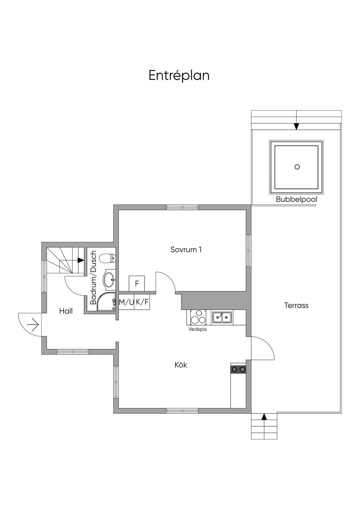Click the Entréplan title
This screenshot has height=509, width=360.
(179, 76)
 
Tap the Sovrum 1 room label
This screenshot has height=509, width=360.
(186, 250)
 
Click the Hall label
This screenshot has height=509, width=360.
(66, 311)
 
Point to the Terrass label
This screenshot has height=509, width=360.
(296, 305)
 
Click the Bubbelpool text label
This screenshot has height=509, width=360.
(296, 199)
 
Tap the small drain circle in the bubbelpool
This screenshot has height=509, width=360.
(297, 167)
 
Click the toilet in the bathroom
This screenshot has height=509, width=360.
(108, 258)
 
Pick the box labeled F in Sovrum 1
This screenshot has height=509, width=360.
(137, 283)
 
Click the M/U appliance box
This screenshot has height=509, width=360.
(126, 302)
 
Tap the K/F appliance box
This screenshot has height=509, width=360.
(142, 302)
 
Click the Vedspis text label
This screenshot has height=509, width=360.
(198, 329)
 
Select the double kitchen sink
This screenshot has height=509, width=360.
(222, 317)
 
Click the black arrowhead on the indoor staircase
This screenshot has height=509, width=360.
(81, 260)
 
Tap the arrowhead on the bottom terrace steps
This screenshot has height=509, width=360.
(264, 417)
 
